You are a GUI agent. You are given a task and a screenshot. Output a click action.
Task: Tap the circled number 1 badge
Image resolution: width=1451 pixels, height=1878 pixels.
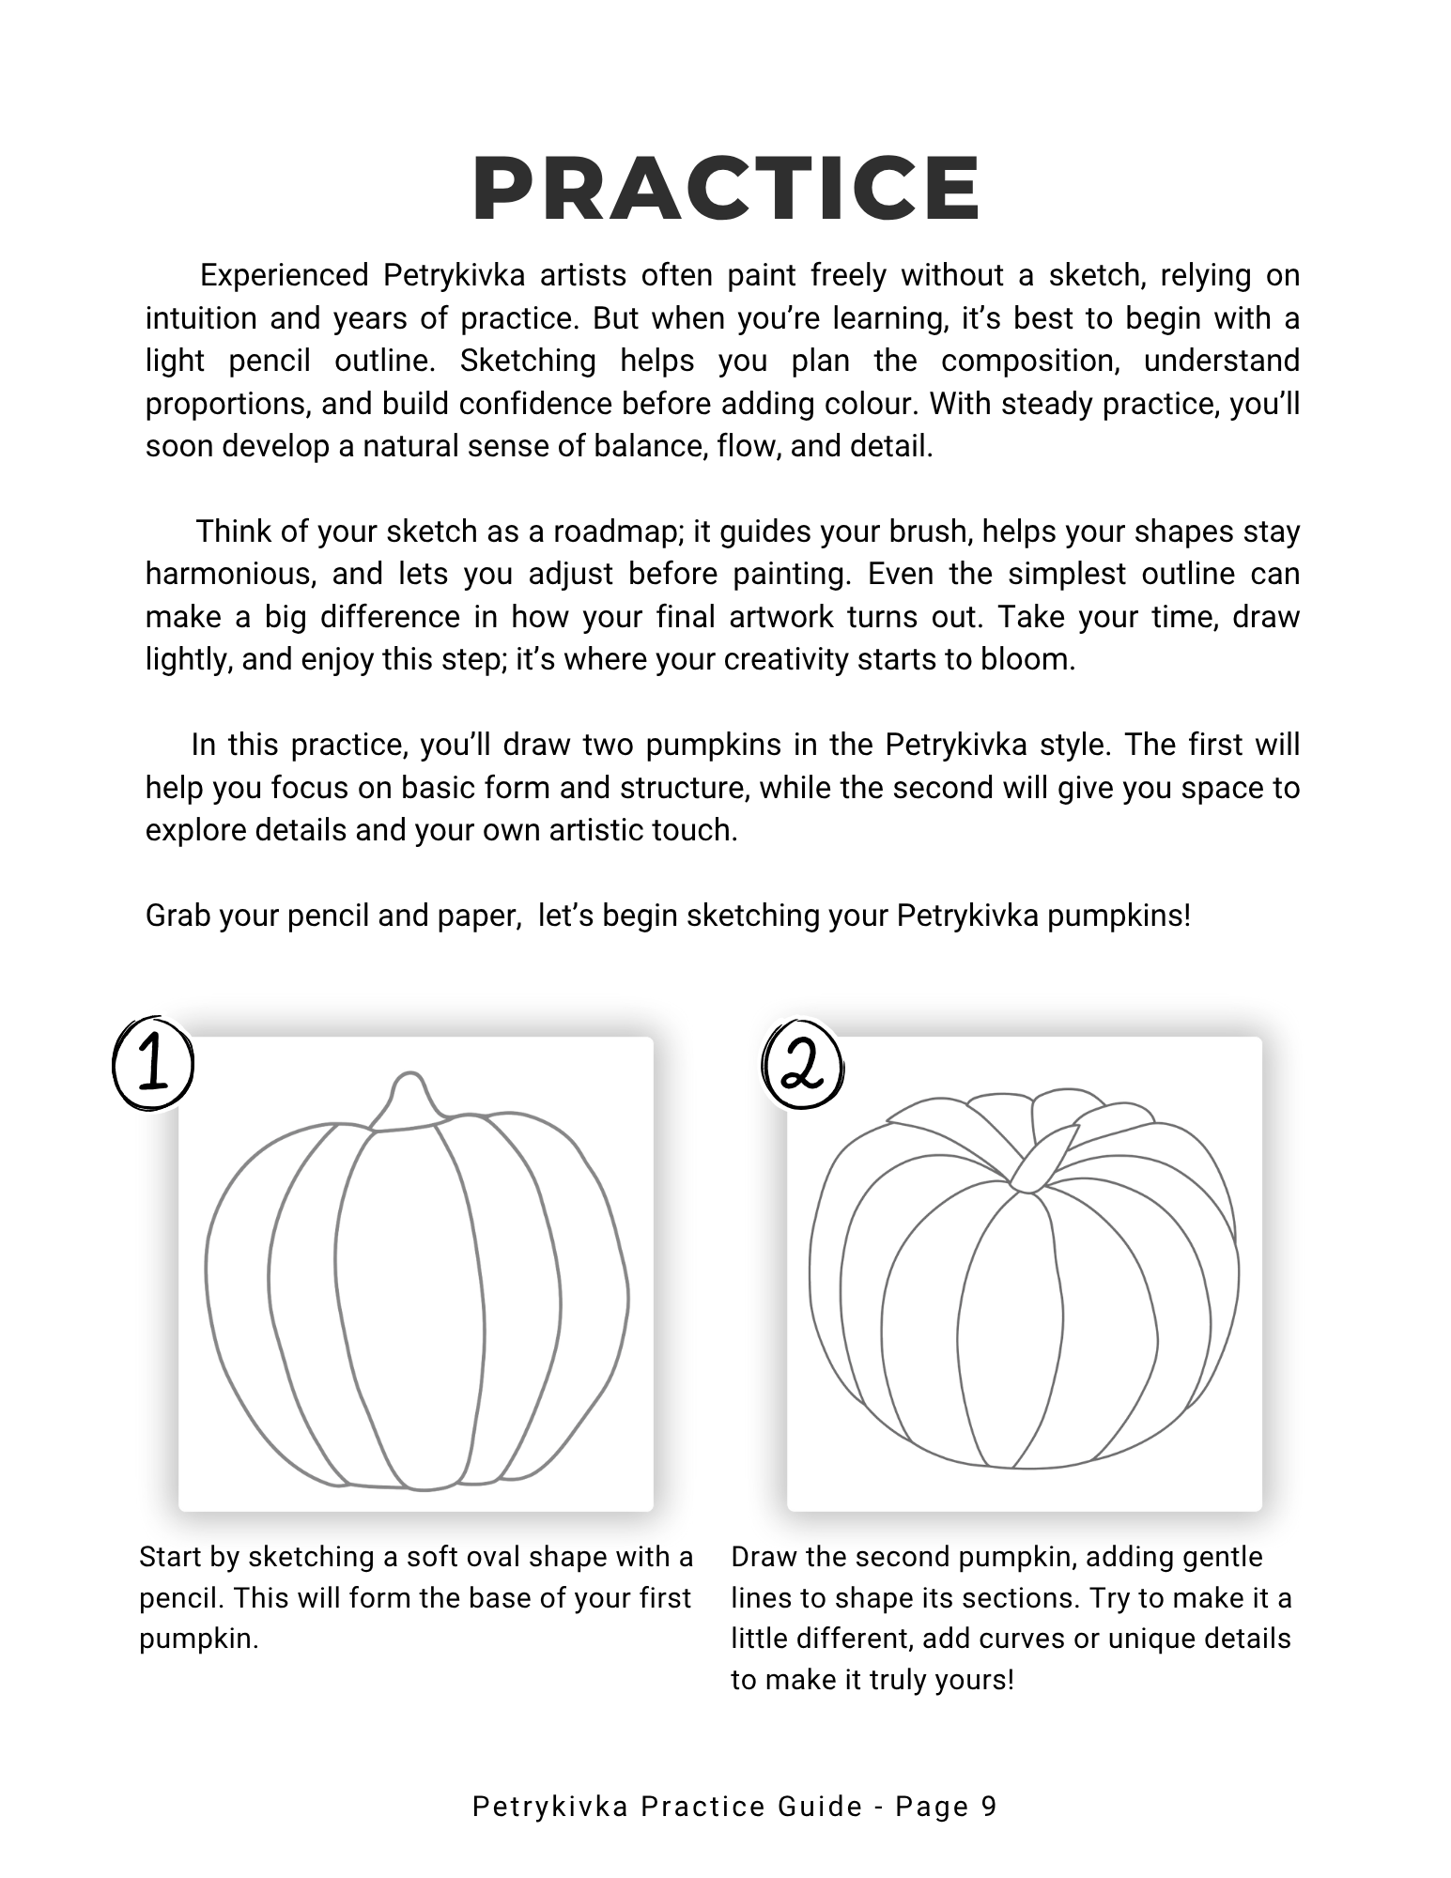[x=153, y=1066]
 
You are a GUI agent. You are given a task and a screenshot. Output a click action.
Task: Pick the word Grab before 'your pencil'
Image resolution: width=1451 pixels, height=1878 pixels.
[x=178, y=916]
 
